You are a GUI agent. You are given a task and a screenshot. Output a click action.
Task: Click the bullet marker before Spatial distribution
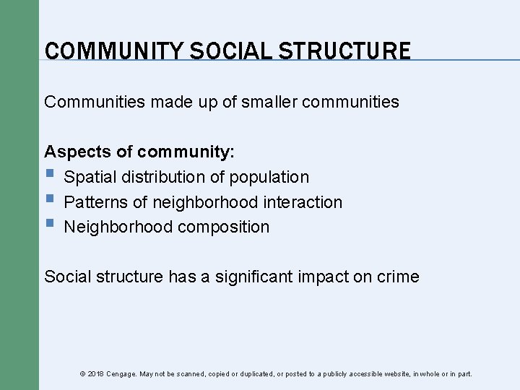pyautogui.click(x=48, y=175)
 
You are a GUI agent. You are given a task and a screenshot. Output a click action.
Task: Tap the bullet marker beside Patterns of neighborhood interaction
pyautogui.click(x=48, y=200)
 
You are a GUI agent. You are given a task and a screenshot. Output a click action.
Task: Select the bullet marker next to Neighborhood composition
pyautogui.click(x=48, y=225)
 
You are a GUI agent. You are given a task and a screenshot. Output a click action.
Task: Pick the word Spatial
pyautogui.click(x=91, y=177)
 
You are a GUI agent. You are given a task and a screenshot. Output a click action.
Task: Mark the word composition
pyautogui.click(x=223, y=227)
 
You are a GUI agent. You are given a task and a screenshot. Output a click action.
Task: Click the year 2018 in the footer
pyautogui.click(x=96, y=374)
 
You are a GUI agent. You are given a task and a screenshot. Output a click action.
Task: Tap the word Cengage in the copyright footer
pyautogui.click(x=122, y=374)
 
